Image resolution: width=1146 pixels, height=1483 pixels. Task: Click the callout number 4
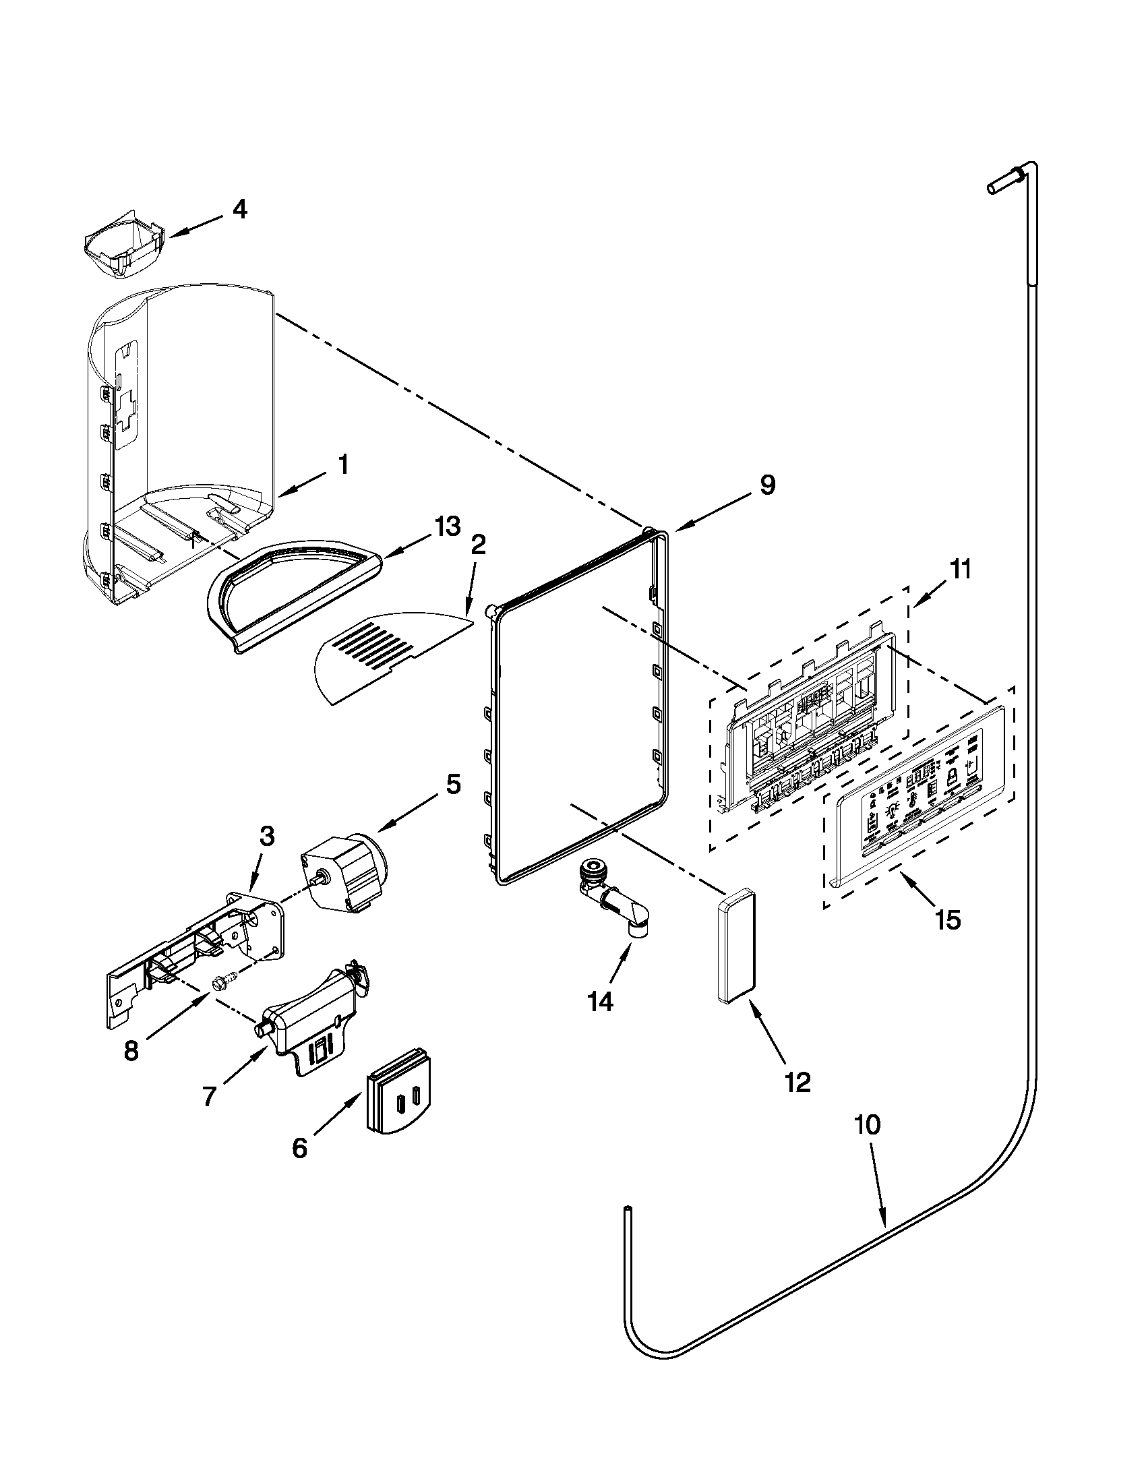pyautogui.click(x=240, y=209)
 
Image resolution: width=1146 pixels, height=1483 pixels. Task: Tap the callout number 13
pyautogui.click(x=448, y=526)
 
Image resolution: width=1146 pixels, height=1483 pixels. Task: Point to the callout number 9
pyautogui.click(x=766, y=485)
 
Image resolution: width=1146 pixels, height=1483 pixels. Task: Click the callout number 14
pyautogui.click(x=601, y=1002)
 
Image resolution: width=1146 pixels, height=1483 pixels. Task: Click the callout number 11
pyautogui.click(x=959, y=569)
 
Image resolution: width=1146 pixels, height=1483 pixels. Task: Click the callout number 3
pyautogui.click(x=268, y=837)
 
